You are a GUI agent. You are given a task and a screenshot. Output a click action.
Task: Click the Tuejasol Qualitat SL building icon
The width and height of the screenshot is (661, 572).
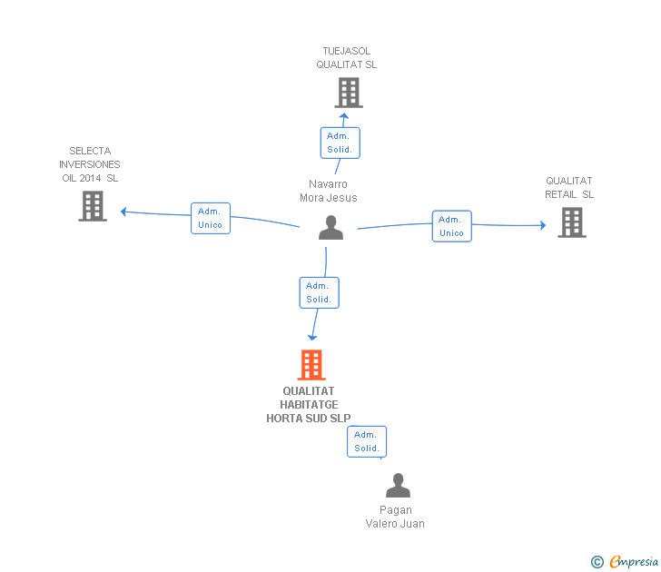pos(348,93)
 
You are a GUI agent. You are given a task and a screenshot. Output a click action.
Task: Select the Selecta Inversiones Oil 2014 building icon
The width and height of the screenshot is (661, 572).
pos(93,206)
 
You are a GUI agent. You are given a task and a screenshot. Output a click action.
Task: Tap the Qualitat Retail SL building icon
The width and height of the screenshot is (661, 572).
pos(571,222)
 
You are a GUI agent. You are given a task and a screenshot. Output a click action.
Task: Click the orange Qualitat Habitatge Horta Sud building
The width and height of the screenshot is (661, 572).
pos(311,365)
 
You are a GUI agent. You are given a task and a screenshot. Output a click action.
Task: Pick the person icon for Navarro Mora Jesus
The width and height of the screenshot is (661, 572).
pos(331,228)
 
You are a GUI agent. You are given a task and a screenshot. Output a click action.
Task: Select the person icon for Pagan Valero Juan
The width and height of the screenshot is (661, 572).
pos(398,486)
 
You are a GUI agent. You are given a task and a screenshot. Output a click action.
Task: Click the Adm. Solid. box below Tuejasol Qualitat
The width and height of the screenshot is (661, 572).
pos(340,143)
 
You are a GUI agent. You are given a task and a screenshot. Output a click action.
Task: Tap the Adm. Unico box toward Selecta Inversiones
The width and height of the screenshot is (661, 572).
pos(210,218)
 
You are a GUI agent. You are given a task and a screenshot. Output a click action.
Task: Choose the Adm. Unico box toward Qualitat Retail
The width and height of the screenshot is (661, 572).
pos(451,226)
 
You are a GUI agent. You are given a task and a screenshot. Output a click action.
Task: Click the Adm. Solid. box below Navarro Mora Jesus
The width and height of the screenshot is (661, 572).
pos(319,292)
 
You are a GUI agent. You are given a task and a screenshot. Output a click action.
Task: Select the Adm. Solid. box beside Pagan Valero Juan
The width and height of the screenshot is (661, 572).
pos(367,441)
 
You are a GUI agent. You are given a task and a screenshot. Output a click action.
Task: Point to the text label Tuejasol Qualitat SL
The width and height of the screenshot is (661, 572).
pos(347,58)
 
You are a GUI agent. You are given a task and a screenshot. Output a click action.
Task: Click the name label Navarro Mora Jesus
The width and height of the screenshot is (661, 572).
pos(329,191)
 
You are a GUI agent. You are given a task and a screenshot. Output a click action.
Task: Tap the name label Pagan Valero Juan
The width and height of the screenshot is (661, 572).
pos(395,517)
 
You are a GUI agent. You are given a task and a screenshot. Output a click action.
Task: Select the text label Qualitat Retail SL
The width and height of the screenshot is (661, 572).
pos(569,188)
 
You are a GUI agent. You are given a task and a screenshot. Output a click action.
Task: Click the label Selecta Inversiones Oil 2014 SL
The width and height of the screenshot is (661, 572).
pos(89,164)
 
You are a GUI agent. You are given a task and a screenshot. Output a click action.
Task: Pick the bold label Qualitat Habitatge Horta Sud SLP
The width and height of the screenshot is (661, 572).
pos(308,405)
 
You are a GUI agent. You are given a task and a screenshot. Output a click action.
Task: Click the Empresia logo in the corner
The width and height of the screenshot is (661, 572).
pos(626,561)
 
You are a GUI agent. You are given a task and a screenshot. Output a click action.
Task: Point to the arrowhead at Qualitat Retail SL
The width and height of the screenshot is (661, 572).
pos(542,225)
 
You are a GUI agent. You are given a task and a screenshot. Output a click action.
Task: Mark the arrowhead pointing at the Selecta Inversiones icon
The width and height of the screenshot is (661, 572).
pos(123,212)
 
